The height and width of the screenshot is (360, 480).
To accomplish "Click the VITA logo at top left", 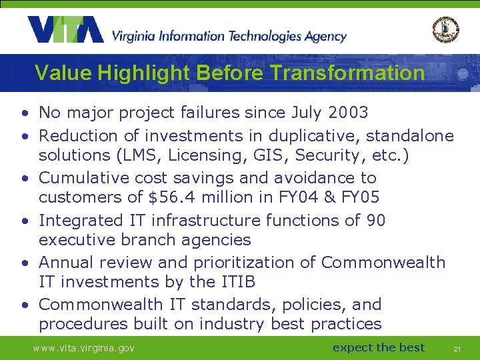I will point(65,30).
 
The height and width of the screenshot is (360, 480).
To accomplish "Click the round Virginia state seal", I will point(445,29).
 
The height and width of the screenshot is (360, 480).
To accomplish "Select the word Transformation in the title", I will point(349,73).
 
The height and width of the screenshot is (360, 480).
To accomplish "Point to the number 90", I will point(376,220).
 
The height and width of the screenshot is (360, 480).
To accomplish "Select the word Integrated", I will point(81,220).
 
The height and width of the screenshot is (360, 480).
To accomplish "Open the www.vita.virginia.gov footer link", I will point(84,348).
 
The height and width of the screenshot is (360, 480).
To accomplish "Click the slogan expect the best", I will point(378,347).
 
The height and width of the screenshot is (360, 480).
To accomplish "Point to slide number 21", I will point(457,349).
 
